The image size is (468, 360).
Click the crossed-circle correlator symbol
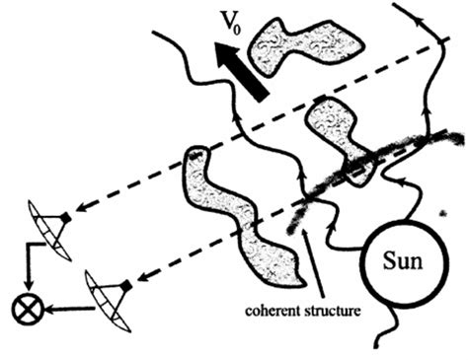(23, 311)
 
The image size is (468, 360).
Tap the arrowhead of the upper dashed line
(84, 209)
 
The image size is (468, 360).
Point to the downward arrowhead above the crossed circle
(23, 292)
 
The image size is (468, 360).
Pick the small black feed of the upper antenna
(66, 216)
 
